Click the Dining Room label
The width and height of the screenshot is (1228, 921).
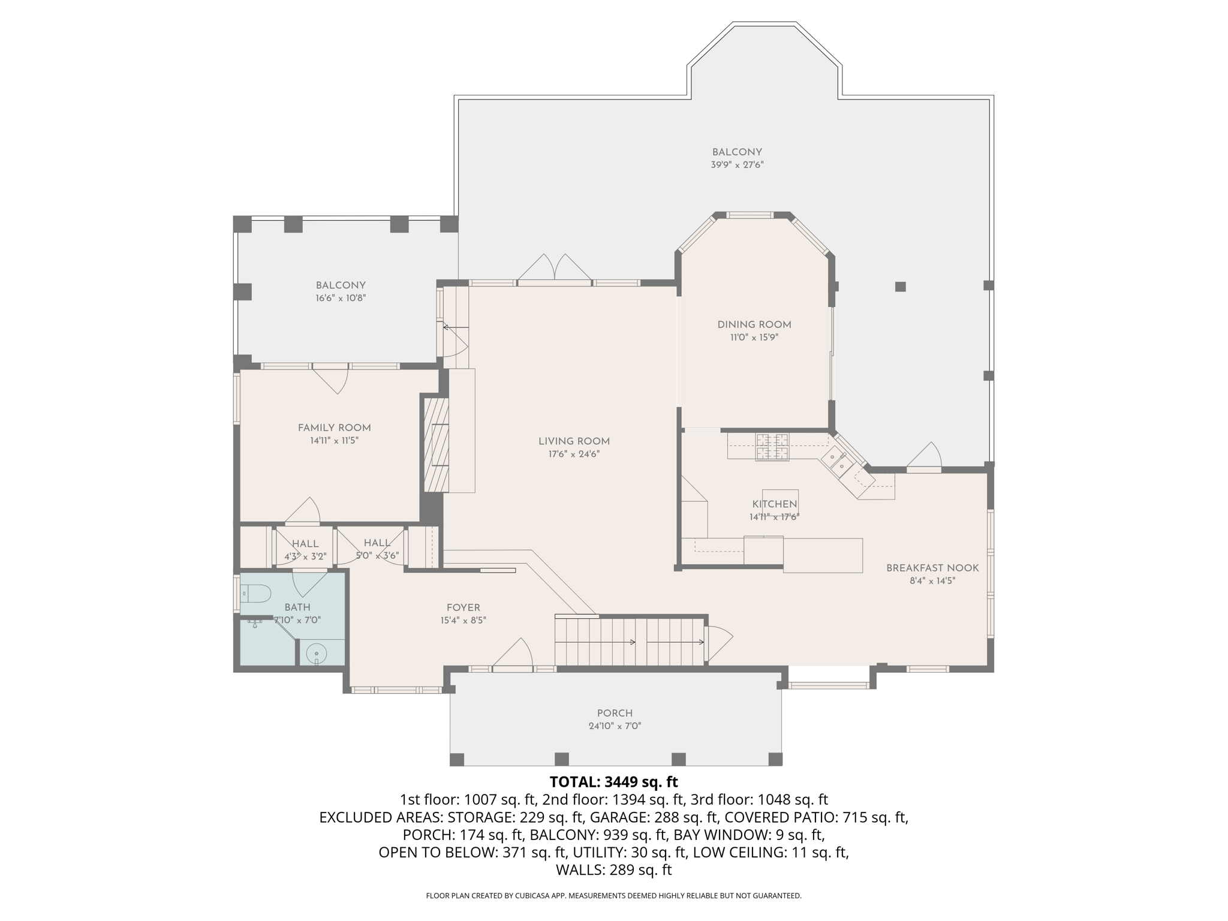coord(754,324)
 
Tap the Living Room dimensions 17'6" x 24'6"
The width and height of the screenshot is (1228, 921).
coord(574,454)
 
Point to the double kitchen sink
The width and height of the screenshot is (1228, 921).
coord(837,462)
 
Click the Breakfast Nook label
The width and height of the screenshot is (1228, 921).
coord(932,568)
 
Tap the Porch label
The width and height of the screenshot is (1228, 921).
coord(615,713)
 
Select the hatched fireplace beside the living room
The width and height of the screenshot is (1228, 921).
coord(436,444)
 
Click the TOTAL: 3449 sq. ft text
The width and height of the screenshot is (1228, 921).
coord(613,782)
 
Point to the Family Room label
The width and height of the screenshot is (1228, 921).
coord(334,428)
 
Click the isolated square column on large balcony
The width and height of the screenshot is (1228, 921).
coord(900,287)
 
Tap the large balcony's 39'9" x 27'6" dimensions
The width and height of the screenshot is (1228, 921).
coord(737,165)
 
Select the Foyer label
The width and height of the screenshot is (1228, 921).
coord(463,607)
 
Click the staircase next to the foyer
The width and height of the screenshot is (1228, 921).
coord(630,642)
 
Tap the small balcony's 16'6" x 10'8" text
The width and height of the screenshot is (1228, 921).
coord(341,298)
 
